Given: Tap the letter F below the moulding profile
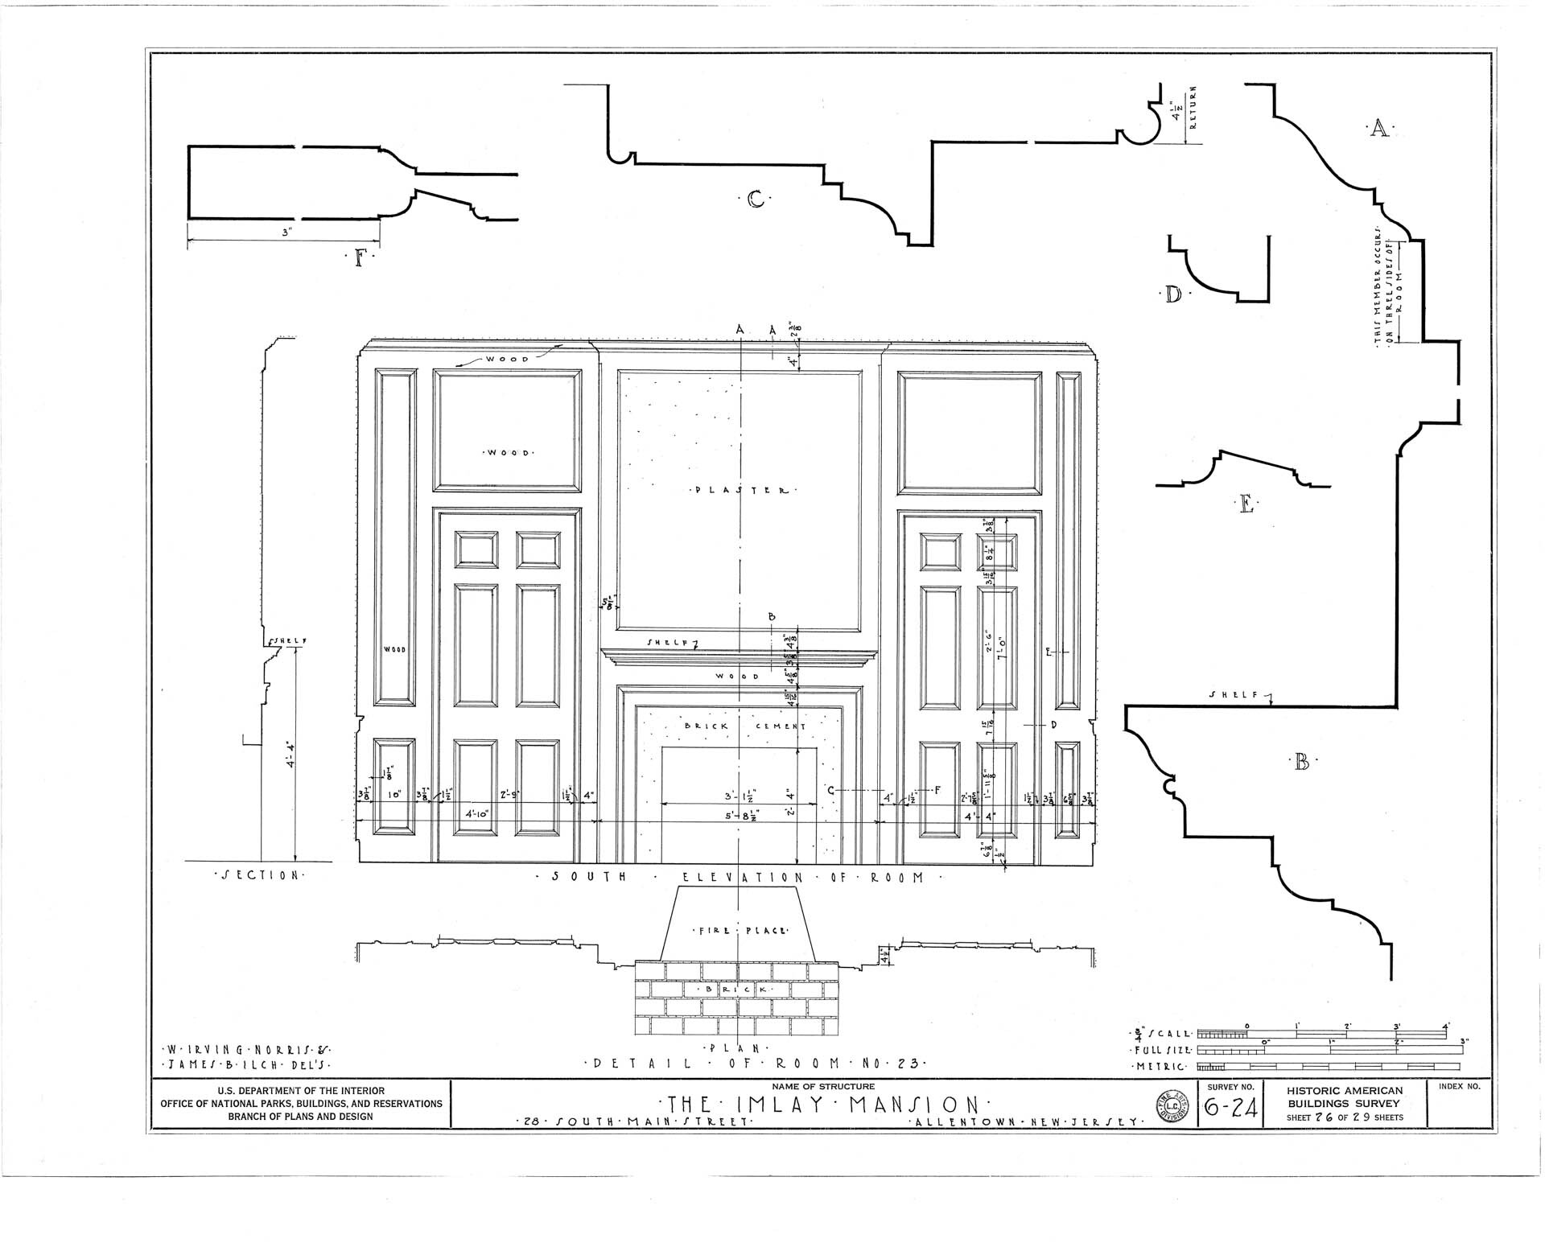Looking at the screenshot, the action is (359, 258).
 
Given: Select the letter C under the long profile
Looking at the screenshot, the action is (755, 198).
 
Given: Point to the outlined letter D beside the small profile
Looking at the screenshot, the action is (1174, 294).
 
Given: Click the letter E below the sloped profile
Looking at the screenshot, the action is (1246, 505).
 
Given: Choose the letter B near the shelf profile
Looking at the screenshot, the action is (1301, 761).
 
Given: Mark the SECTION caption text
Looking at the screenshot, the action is (259, 874).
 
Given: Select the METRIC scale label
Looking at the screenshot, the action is (1160, 1067).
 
